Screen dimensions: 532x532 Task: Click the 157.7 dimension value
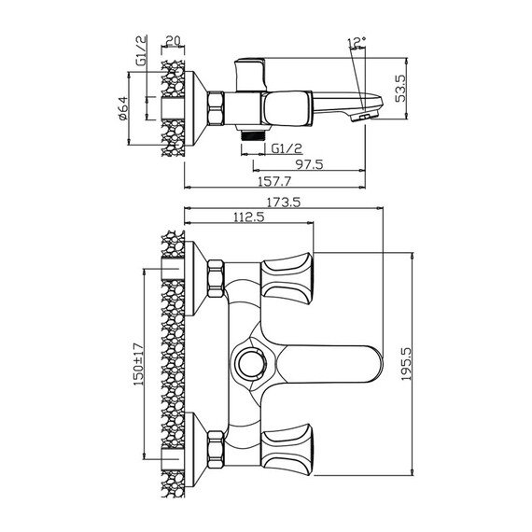[x=274, y=181]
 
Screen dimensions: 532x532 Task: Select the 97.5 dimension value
[x=310, y=164]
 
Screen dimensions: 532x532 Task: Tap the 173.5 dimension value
[x=284, y=203]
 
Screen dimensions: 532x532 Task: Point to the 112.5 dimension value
[x=249, y=217]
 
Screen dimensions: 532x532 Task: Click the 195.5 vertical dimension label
[x=406, y=363]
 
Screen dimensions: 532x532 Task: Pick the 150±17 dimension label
[x=139, y=365]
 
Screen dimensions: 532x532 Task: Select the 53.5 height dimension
[x=400, y=89]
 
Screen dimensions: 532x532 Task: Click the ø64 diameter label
[x=123, y=108]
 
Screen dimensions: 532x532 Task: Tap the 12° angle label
[x=357, y=42]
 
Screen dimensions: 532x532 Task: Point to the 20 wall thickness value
[x=173, y=41]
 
